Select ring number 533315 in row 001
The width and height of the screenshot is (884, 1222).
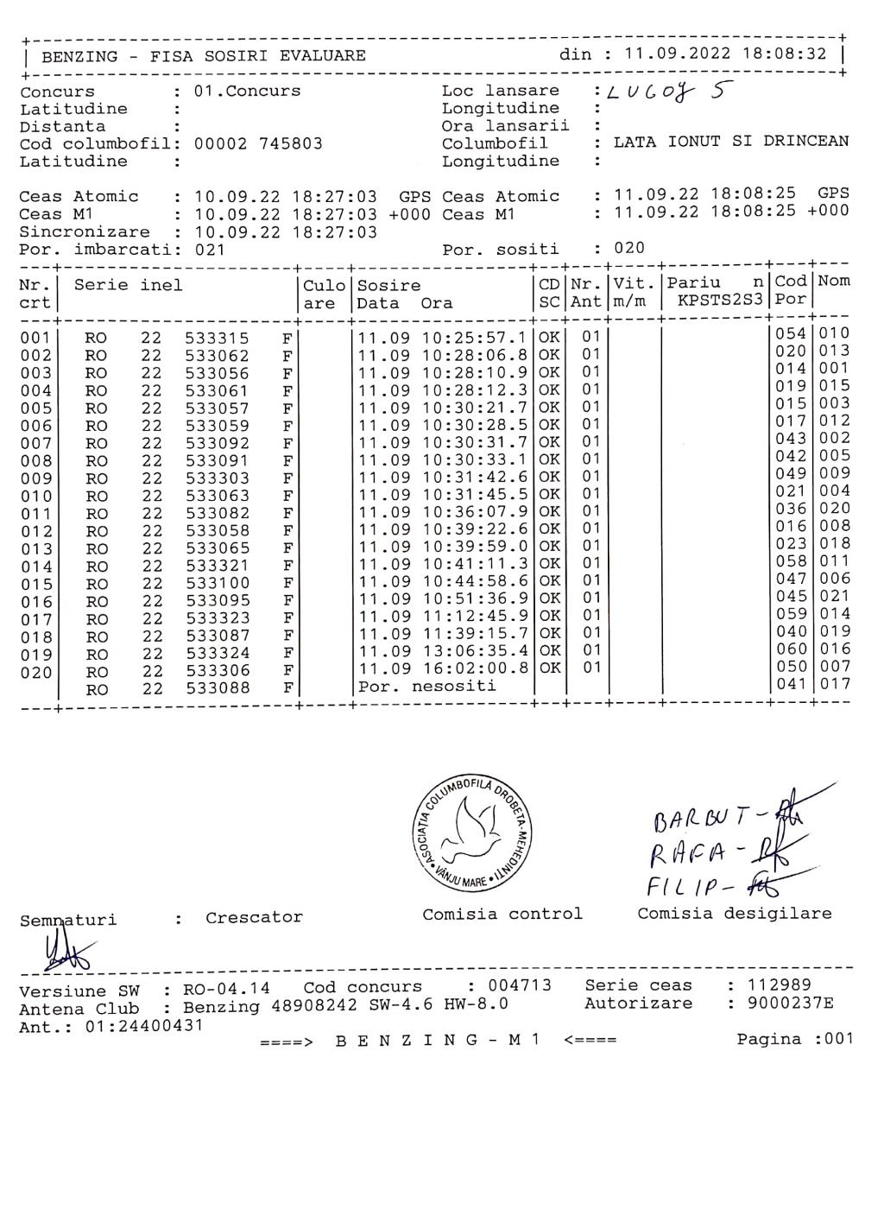217,339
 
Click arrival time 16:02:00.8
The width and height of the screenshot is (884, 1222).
474,668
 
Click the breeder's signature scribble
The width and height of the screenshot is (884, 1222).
63,954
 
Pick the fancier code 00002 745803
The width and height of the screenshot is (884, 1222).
258,144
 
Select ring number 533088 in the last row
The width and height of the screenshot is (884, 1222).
217,688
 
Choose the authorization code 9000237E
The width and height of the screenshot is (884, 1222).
786,1004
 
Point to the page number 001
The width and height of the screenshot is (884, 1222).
838,1039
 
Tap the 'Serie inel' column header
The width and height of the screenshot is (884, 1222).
128,286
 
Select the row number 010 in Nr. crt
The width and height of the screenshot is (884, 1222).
35,496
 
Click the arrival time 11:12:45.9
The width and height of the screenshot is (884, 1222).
474,616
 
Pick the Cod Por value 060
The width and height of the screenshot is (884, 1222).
791,649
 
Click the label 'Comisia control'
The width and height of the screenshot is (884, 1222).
502,914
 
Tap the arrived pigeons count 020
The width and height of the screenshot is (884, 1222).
629,249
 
